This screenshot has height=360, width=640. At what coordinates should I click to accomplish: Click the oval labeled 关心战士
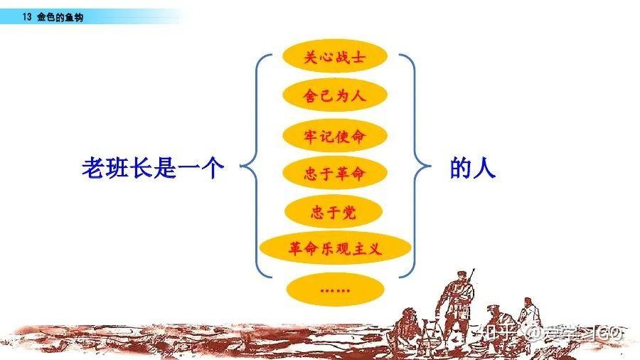click(x=334, y=58)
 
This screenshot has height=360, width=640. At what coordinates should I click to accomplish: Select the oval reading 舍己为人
click(x=334, y=96)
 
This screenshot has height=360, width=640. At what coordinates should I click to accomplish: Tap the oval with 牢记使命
click(x=334, y=135)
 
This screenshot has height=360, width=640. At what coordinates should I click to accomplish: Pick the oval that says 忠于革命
click(x=334, y=173)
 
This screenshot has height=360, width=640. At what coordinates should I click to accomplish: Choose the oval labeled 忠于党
click(x=334, y=212)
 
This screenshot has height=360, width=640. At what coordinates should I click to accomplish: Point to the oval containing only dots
click(x=334, y=289)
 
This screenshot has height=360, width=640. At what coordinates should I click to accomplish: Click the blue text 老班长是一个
click(x=154, y=169)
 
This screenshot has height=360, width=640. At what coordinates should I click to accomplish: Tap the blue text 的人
click(x=472, y=169)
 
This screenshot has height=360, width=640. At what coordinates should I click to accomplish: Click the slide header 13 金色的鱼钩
click(x=53, y=16)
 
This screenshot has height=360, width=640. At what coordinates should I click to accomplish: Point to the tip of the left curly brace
click(x=242, y=169)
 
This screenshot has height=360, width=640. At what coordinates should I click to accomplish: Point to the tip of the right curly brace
click(x=430, y=169)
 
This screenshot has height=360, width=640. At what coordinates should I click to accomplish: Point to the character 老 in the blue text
click(x=93, y=169)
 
